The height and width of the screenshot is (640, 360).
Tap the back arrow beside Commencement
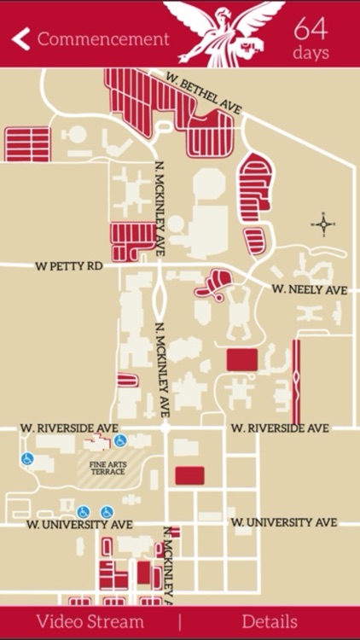(x=21, y=39)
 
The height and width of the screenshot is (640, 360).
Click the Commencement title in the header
(x=103, y=39)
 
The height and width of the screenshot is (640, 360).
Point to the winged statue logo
(x=224, y=32)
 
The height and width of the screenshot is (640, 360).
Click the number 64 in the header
(x=311, y=28)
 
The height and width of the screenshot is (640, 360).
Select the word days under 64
(x=311, y=52)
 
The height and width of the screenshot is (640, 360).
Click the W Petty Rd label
(x=69, y=266)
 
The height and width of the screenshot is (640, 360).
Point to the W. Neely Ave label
(x=310, y=290)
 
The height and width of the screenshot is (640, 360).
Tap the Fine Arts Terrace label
(x=107, y=468)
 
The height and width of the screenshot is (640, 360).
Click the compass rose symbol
(x=323, y=225)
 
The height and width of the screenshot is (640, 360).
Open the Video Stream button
(x=90, y=622)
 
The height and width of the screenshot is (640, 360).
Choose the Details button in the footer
(x=270, y=622)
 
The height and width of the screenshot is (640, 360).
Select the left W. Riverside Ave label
(x=68, y=427)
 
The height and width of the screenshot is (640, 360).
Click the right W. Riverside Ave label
(x=280, y=428)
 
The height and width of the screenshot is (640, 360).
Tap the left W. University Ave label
(x=79, y=524)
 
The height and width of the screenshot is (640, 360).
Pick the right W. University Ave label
(x=284, y=522)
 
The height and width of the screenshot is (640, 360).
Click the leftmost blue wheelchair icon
(x=27, y=459)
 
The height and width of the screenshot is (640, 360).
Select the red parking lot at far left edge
(x=27, y=144)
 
